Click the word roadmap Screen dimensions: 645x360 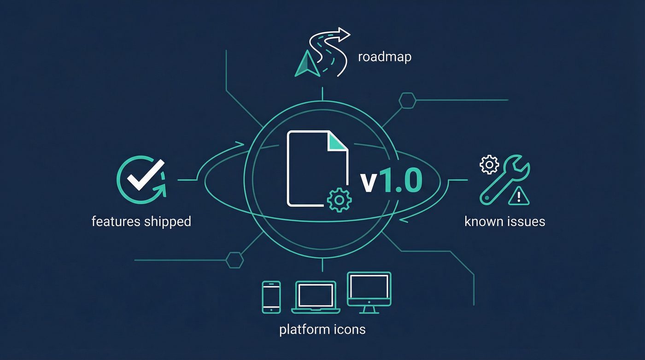[384, 58]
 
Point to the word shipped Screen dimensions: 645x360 [167, 221]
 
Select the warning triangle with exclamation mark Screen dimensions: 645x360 [519, 197]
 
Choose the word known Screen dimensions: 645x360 [483, 221]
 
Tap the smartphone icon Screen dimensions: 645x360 [271, 297]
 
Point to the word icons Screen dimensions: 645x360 [350, 330]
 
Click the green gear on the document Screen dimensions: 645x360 [339, 200]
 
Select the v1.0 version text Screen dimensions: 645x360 [391, 181]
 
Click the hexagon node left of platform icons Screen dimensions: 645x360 [235, 260]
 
